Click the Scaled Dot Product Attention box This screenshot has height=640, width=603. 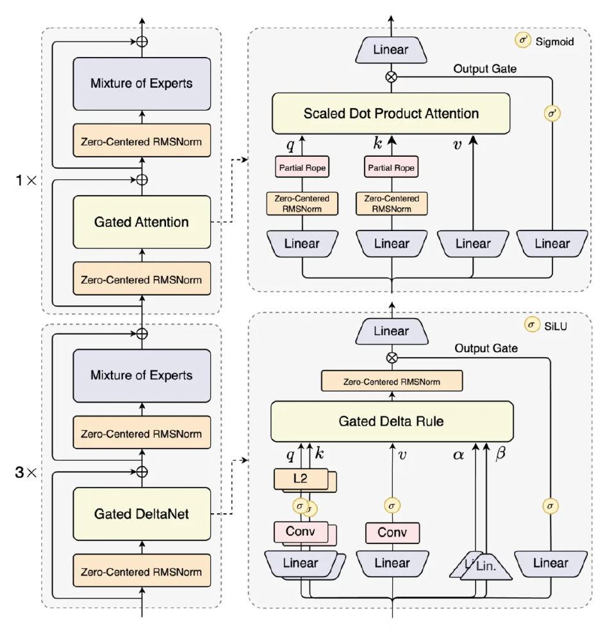(x=391, y=114)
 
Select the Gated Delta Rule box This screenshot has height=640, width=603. (x=392, y=422)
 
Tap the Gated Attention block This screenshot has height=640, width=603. (x=142, y=222)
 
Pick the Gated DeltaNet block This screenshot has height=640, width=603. (x=142, y=514)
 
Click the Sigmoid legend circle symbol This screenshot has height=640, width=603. (x=524, y=41)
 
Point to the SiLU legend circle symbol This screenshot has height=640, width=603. (x=531, y=325)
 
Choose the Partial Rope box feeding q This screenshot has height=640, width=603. (x=302, y=168)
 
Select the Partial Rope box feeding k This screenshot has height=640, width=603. (x=391, y=168)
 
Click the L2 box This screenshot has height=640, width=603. (x=300, y=479)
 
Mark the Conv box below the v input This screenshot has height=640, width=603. (x=392, y=532)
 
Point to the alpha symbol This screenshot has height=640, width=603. (x=458, y=455)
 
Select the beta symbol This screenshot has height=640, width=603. (x=501, y=455)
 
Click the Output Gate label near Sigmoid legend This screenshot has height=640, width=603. (x=485, y=68)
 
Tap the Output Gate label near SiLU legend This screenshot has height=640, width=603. (x=486, y=348)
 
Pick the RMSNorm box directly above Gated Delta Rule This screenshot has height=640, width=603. (x=392, y=381)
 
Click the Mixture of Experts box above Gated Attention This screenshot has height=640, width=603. (x=142, y=83)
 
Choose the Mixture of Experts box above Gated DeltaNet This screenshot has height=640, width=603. (x=142, y=376)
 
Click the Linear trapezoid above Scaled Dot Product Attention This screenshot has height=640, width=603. (x=391, y=49)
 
